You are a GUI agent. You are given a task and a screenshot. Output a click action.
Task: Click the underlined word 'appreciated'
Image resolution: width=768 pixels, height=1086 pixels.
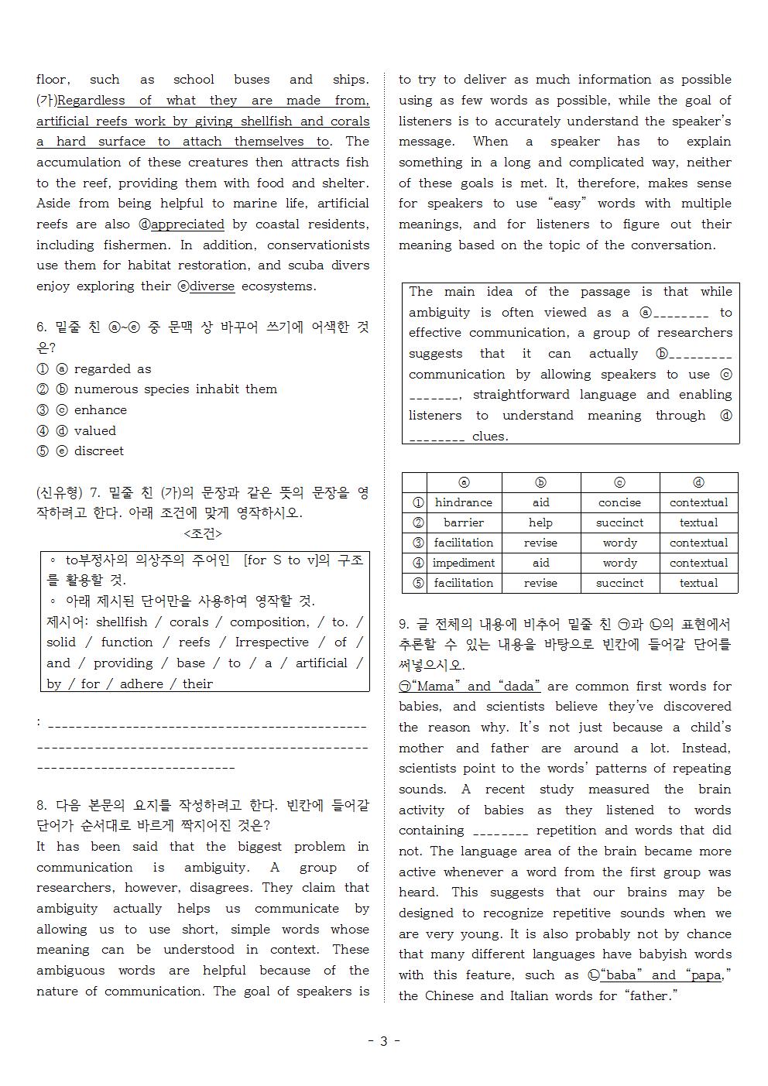[x=187, y=224]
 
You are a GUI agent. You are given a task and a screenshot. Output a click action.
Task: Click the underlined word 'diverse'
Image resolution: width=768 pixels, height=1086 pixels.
[x=212, y=286]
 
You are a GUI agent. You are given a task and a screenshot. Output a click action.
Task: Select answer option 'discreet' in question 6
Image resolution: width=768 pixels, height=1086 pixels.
[x=98, y=451]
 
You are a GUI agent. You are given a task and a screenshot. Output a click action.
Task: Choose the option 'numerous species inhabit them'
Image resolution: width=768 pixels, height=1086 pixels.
[x=175, y=389]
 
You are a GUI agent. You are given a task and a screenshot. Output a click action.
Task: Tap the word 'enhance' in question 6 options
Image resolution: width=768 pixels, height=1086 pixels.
[x=100, y=410]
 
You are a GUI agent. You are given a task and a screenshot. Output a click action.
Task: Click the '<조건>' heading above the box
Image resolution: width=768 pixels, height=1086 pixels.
[x=203, y=534]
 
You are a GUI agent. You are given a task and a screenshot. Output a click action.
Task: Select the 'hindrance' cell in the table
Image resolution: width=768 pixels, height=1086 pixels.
[x=464, y=502]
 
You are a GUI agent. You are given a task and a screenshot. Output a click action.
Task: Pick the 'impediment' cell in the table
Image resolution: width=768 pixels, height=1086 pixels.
[x=464, y=563]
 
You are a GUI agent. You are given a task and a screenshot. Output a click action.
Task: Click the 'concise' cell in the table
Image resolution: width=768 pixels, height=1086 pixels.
[x=619, y=502]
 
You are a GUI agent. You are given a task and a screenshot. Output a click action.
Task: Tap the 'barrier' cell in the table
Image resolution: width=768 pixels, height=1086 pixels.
[x=464, y=522]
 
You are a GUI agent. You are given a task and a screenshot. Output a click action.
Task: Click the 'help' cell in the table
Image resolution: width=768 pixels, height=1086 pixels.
[x=540, y=522]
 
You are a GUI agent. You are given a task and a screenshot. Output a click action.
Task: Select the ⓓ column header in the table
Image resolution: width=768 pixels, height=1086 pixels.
[x=698, y=482]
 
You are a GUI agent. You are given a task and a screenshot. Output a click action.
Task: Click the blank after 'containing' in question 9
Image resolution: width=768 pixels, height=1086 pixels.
[x=500, y=831]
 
